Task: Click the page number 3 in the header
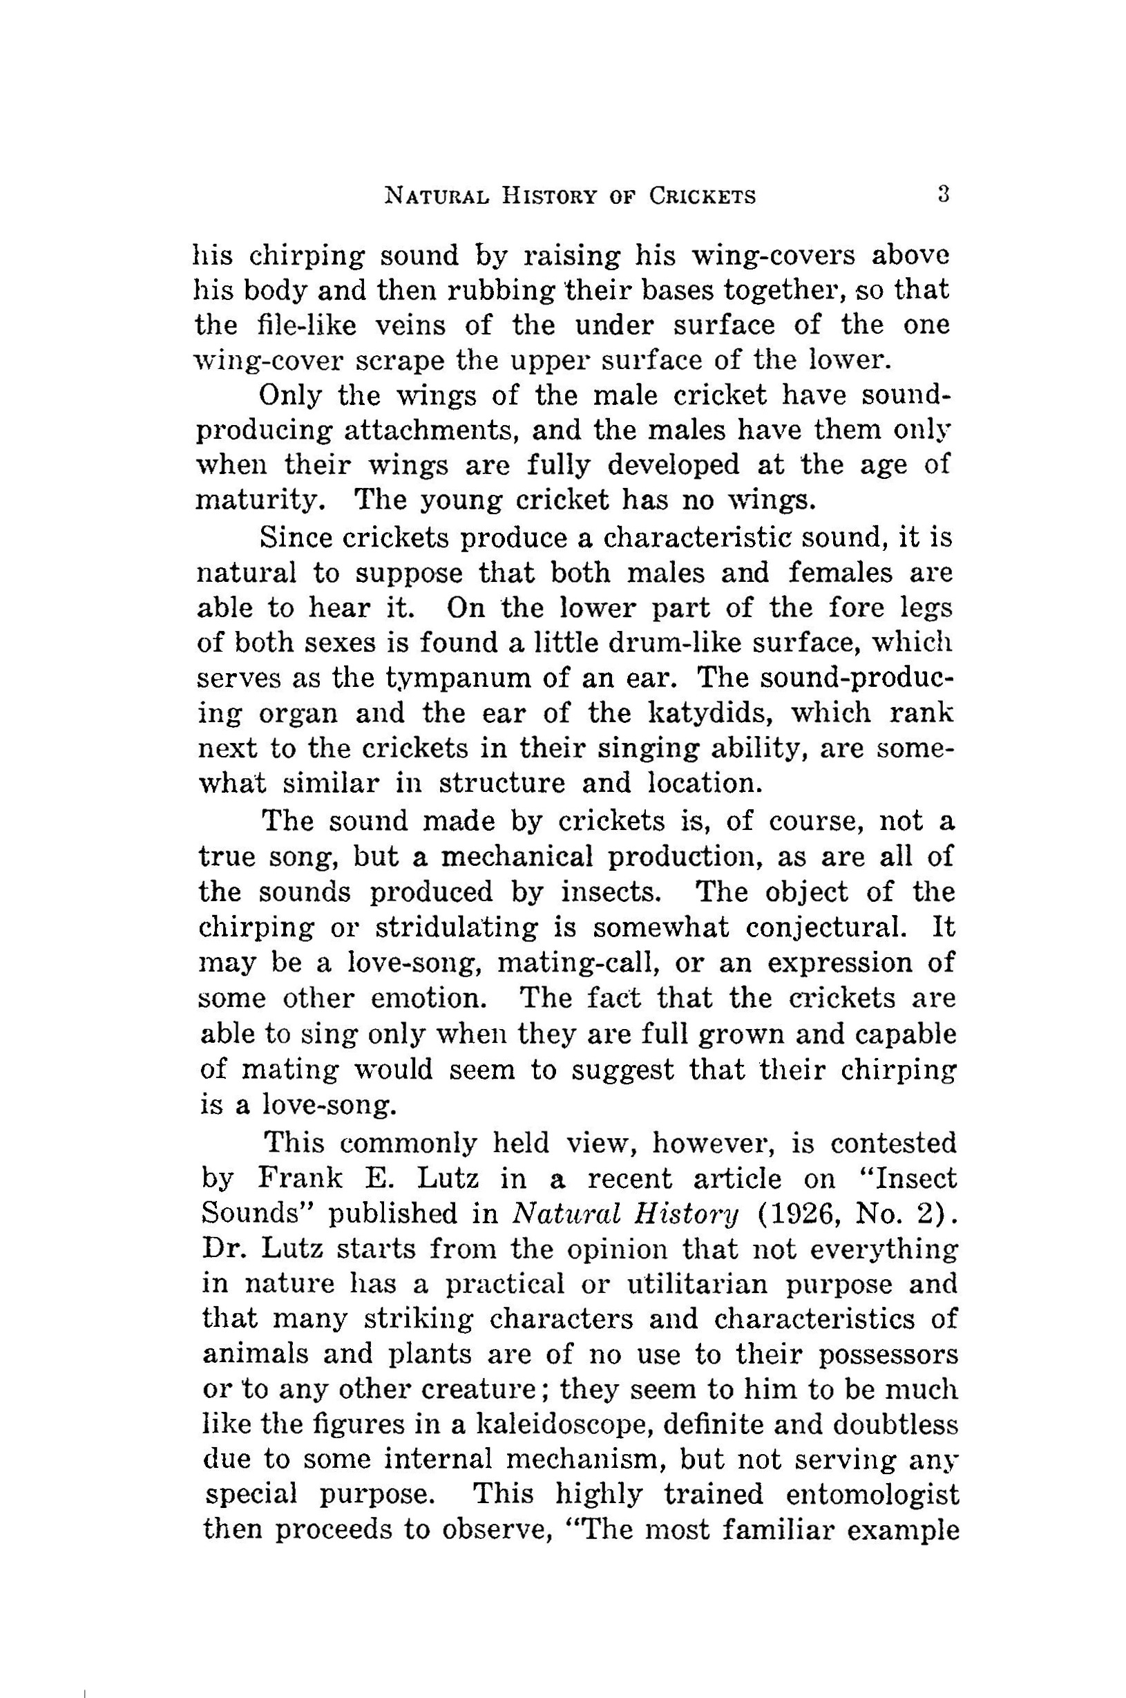[x=944, y=196]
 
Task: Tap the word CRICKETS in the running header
[x=703, y=197]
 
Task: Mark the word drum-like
[x=661, y=642]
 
